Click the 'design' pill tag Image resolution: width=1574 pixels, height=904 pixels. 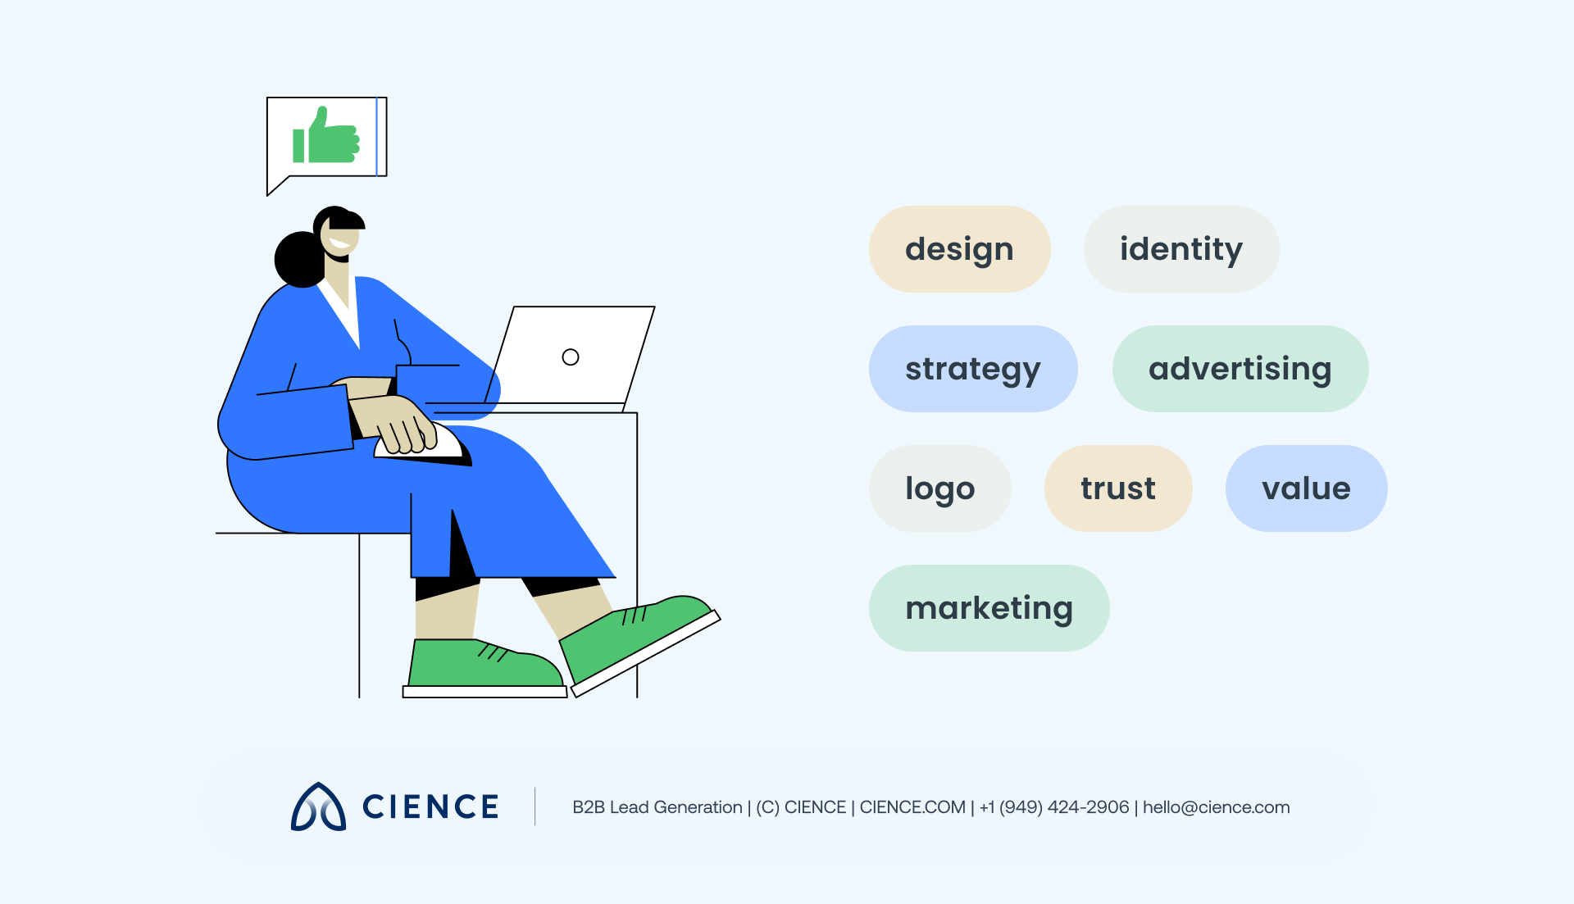tap(959, 249)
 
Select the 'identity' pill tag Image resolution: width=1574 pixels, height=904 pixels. tap(1180, 249)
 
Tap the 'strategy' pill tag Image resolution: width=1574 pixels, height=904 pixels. tap(972, 369)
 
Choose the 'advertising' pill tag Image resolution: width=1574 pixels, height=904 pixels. tap(1240, 369)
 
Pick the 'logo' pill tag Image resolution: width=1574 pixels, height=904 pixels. tap(939, 488)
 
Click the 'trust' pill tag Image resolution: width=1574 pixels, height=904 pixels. tap(1117, 488)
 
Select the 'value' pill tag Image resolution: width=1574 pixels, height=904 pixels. tap(1306, 488)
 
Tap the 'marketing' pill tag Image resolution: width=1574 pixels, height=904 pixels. tap(989, 608)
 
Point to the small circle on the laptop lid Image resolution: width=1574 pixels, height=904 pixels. tap(571, 357)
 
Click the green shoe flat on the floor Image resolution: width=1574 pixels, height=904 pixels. tap(484, 666)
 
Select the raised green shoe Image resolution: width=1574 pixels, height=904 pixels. tap(639, 635)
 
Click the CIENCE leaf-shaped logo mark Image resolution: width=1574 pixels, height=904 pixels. tap(318, 807)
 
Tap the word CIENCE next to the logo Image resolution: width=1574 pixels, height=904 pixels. tap(430, 807)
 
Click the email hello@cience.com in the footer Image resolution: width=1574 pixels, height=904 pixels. tap(1216, 807)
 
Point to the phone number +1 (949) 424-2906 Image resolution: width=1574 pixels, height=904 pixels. tap(1054, 807)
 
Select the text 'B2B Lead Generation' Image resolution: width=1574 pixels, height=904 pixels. tap(657, 807)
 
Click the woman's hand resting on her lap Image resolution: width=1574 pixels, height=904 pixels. tap(398, 422)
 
